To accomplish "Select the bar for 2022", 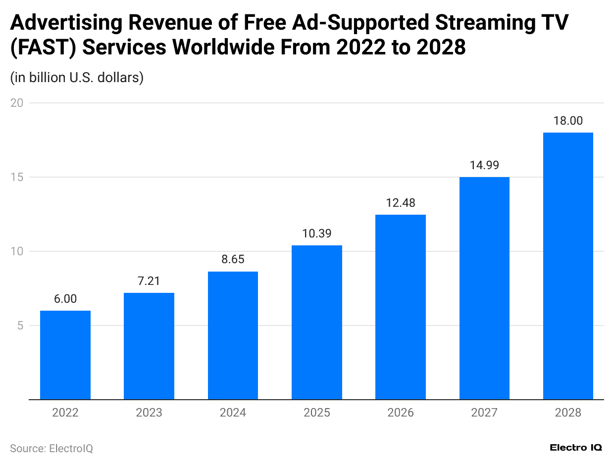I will click(x=65, y=355).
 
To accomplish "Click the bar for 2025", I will click(x=317, y=322).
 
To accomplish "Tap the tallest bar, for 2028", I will click(x=568, y=266).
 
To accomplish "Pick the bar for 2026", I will click(x=401, y=307).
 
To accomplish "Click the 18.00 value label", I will click(x=568, y=121).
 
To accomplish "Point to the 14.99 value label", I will click(x=484, y=165).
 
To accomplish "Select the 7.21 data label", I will click(x=149, y=281).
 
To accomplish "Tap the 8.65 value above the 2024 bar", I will click(x=233, y=260).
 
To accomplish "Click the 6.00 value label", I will click(x=65, y=299).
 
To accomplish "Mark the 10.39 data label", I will click(x=317, y=233).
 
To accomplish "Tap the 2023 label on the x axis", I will click(x=149, y=413).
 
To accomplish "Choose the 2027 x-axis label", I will click(x=484, y=413).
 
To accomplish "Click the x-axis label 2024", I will click(x=233, y=413).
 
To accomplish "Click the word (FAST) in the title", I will click(x=42, y=47).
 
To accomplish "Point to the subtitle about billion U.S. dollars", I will click(x=77, y=78).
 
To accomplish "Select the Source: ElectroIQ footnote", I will click(x=51, y=448).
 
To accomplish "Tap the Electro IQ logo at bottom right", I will click(x=576, y=447).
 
